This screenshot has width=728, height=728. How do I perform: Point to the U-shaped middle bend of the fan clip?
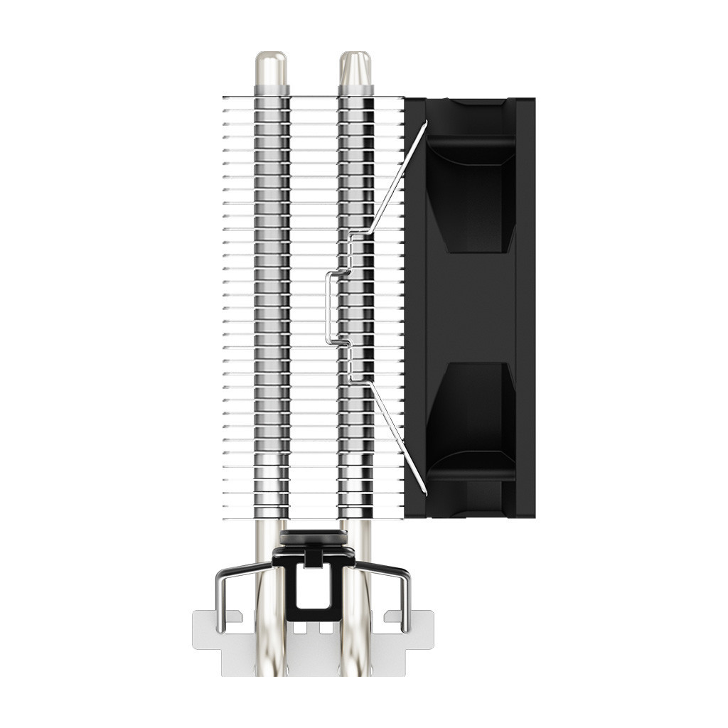coord(328,307)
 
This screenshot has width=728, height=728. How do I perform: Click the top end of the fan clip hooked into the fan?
coord(424,124)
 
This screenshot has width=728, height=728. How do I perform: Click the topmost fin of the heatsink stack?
coord(313,97)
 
